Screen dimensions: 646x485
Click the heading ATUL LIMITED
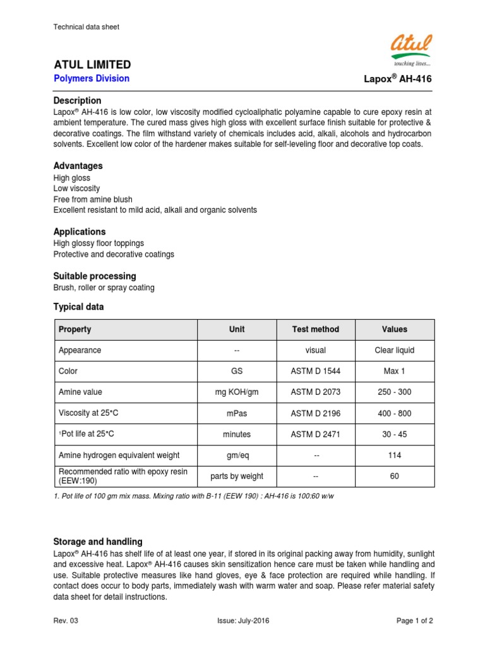92,64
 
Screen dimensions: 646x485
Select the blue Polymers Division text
92,79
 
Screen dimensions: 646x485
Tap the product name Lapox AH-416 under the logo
398,79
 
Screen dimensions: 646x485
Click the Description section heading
77,100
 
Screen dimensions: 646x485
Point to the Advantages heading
78,166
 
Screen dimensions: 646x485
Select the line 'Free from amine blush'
93,199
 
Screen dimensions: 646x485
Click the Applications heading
80,232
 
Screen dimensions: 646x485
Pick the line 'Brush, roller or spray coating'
104,288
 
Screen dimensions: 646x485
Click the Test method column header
315,329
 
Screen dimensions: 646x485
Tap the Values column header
394,329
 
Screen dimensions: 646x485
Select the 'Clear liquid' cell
394,350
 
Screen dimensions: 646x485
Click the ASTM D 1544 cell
315,371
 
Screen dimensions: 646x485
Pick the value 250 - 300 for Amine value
394,392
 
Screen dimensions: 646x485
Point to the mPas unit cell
237,413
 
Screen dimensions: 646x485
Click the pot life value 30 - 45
394,434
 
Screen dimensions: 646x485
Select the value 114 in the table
394,455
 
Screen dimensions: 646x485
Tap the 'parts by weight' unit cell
237,476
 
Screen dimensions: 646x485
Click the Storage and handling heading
98,542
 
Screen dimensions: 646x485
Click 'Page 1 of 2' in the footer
414,621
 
